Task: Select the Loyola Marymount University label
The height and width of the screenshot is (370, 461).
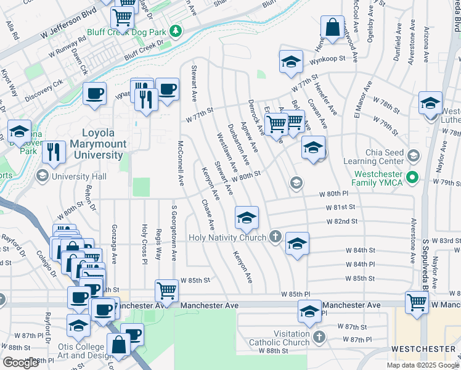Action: (x=103, y=144)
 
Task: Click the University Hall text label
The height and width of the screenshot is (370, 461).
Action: (x=80, y=177)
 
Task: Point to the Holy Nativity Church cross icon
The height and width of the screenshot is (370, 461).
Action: (x=275, y=237)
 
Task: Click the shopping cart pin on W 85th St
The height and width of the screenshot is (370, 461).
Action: (x=167, y=289)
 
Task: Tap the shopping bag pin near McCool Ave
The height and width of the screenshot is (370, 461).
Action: (x=332, y=27)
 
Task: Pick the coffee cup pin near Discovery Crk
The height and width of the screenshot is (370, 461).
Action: (x=94, y=94)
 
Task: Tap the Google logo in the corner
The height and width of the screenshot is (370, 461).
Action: (x=20, y=363)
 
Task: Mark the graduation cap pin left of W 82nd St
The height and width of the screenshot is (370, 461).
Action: (x=247, y=217)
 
